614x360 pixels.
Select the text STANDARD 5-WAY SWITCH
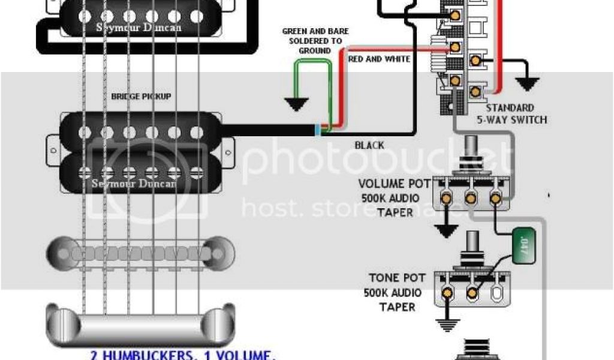[x=516, y=114]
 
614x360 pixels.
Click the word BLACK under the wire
[x=369, y=145]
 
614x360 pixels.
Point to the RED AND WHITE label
[x=379, y=59]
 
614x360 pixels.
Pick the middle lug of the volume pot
[x=470, y=198]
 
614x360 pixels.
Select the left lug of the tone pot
[x=447, y=293]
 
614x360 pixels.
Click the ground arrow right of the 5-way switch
[x=527, y=82]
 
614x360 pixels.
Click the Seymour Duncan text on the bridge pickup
[x=134, y=184]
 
